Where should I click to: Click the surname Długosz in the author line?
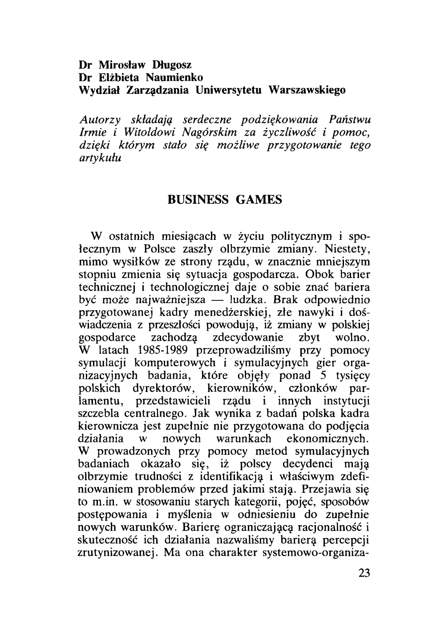tap(161, 64)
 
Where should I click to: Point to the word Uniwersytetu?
tap(230, 90)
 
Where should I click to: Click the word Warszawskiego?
tap(307, 90)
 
